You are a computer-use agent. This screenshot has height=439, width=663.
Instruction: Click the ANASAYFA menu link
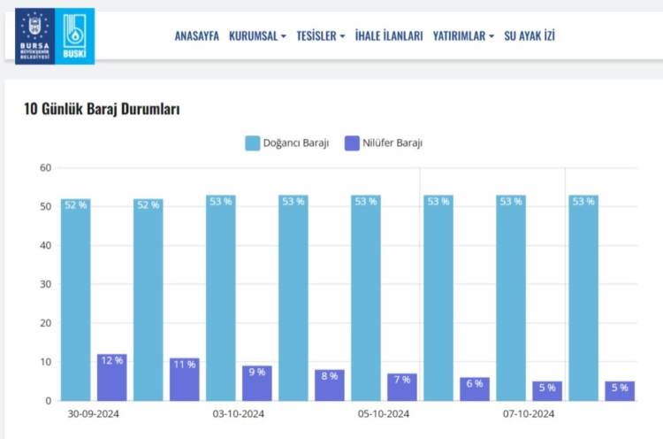pos(196,36)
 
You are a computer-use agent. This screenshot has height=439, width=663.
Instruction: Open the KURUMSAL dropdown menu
pos(257,36)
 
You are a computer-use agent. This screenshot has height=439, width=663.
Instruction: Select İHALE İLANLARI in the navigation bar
pos(389,36)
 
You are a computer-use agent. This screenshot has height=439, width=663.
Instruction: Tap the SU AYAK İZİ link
pos(530,36)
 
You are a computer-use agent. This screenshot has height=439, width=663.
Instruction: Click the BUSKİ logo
pos(76,35)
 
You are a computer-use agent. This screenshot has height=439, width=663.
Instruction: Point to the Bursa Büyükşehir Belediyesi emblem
pos(35,35)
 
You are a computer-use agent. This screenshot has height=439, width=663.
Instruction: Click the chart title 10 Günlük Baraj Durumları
pos(102,110)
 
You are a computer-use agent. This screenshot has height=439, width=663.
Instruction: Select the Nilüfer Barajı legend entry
pos(383,142)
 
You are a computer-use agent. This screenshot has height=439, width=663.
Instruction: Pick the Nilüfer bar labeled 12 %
pos(111,378)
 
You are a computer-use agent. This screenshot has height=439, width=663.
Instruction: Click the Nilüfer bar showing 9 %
pos(256,383)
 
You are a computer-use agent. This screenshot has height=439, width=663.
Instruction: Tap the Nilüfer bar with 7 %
pos(401,387)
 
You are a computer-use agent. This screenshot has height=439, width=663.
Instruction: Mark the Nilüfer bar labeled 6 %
pos(475,389)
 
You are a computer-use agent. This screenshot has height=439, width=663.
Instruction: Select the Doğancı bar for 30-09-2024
pos(76,301)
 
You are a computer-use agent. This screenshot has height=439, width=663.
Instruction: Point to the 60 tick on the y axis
pos(45,168)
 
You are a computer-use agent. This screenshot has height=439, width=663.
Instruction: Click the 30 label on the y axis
pos(45,284)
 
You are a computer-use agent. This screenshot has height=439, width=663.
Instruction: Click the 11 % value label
pos(184,365)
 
